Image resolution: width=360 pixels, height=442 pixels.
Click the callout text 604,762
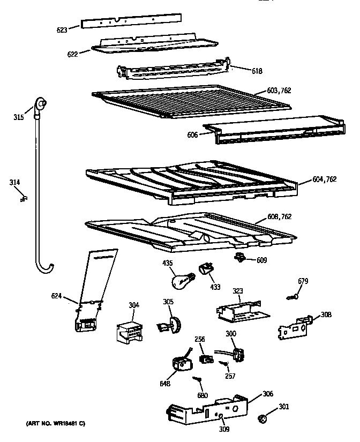pyautogui.click(x=325, y=179)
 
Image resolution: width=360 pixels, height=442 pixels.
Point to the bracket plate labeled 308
pyautogui.click(x=294, y=326)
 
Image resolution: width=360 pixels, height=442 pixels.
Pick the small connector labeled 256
pyautogui.click(x=204, y=358)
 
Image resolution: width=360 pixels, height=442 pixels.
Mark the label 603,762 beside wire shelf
pyautogui.click(x=279, y=91)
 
